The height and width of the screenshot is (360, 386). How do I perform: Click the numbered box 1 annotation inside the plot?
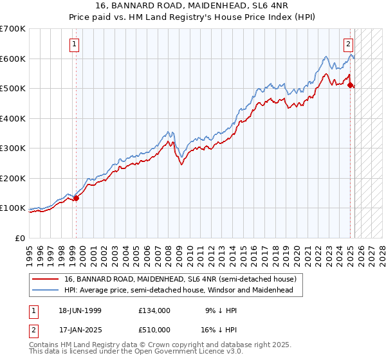coord(75,44)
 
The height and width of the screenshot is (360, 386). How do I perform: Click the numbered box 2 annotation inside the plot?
coord(348,44)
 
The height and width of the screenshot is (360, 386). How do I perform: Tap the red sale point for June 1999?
coord(76,198)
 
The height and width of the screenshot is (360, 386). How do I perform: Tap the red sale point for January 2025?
coord(351,85)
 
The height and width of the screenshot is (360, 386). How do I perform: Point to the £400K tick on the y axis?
coord(14,118)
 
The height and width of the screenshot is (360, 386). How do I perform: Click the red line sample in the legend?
coord(44,280)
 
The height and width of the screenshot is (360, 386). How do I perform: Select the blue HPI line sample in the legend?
coord(44,290)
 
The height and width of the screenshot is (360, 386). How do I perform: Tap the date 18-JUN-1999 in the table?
coord(80,310)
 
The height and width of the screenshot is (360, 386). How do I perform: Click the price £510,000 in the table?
coord(154,331)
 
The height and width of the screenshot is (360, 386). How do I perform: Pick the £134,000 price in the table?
coord(154,310)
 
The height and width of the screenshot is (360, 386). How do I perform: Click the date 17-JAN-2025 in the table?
coord(80,331)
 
